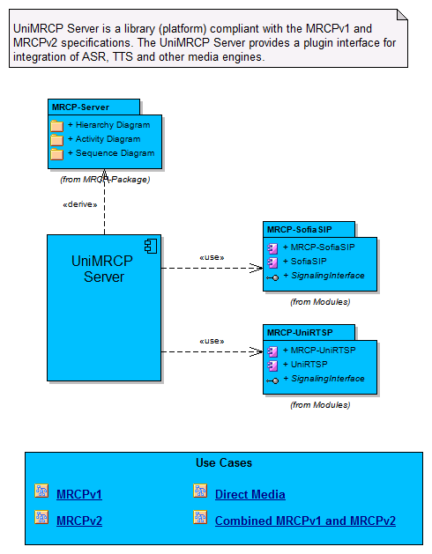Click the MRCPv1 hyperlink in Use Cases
(79, 494)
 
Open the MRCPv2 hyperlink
(79, 521)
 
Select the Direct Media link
(250, 494)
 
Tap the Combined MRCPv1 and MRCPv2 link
(305, 521)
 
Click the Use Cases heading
(224, 463)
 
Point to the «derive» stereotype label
(80, 204)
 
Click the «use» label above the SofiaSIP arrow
(212, 257)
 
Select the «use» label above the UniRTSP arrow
(212, 342)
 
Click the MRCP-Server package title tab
(93, 107)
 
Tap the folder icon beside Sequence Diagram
(56, 154)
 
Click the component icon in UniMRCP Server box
(151, 247)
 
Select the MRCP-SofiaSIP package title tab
(309, 230)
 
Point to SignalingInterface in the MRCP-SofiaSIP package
(328, 276)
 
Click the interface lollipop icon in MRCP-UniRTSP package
(272, 380)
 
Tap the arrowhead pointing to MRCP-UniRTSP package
(257, 351)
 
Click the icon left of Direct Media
(200, 491)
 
